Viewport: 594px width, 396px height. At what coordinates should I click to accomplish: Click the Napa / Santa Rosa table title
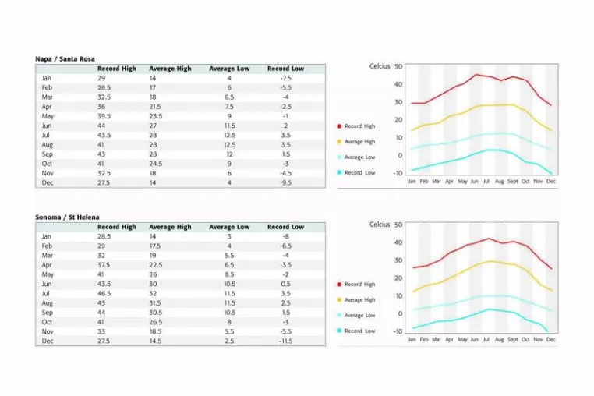pyautogui.click(x=65, y=58)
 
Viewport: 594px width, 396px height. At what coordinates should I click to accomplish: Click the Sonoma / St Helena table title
pyautogui.click(x=67, y=217)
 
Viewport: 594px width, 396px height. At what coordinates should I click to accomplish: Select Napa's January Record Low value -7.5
pyautogui.click(x=285, y=78)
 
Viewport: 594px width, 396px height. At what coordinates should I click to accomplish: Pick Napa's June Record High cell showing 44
pyautogui.click(x=101, y=126)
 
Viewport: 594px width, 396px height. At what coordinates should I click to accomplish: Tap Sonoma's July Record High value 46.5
pyautogui.click(x=104, y=293)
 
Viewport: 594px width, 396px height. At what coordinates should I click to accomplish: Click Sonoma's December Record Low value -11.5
pyautogui.click(x=285, y=341)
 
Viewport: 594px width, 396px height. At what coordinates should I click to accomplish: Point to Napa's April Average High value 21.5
pyautogui.click(x=154, y=107)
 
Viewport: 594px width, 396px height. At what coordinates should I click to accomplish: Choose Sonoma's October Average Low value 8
pyautogui.click(x=229, y=322)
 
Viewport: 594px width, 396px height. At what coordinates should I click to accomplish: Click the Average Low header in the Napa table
pyautogui.click(x=229, y=69)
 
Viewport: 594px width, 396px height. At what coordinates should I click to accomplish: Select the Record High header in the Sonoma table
pyautogui.click(x=116, y=227)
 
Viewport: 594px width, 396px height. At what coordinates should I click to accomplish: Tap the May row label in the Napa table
pyautogui.click(x=48, y=116)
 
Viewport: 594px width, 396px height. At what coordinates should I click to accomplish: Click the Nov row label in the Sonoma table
pyautogui.click(x=48, y=331)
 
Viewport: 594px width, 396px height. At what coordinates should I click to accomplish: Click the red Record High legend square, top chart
pyautogui.click(x=339, y=126)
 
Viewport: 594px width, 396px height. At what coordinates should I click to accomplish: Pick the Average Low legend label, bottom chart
pyautogui.click(x=359, y=315)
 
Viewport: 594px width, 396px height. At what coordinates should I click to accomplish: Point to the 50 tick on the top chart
pyautogui.click(x=398, y=66)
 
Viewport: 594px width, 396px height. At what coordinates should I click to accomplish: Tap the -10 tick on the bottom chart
pyautogui.click(x=398, y=331)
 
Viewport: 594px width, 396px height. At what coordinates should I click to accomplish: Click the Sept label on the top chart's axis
pyautogui.click(x=513, y=182)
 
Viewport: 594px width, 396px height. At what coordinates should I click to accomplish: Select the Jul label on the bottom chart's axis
pyautogui.click(x=486, y=340)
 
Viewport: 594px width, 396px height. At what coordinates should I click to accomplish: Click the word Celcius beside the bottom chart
pyautogui.click(x=380, y=225)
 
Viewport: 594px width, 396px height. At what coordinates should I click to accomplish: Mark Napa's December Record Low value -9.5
pyautogui.click(x=285, y=182)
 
